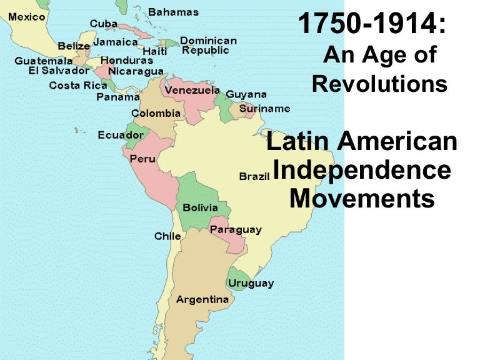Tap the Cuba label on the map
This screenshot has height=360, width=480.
tap(103, 24)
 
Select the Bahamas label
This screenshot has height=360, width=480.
tap(173, 12)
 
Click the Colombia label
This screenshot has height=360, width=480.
tap(156, 114)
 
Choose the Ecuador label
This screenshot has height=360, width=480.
tap(121, 135)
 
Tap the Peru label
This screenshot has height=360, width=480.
tap(142, 159)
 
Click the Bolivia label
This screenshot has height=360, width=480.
tap(200, 207)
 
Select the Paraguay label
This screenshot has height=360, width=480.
tap(235, 230)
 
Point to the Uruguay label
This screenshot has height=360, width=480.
tap(251, 283)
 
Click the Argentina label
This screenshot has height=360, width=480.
tap(202, 299)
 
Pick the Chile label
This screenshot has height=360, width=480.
tap(167, 236)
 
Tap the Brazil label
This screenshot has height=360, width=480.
tap(254, 177)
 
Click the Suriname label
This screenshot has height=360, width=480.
tap(264, 108)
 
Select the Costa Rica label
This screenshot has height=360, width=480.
tap(77, 86)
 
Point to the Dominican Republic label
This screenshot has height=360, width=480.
tap(208, 45)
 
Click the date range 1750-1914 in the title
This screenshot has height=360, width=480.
tap(372, 25)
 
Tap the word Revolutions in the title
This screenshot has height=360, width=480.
tap(379, 83)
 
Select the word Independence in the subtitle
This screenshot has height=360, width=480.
tap(362, 170)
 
